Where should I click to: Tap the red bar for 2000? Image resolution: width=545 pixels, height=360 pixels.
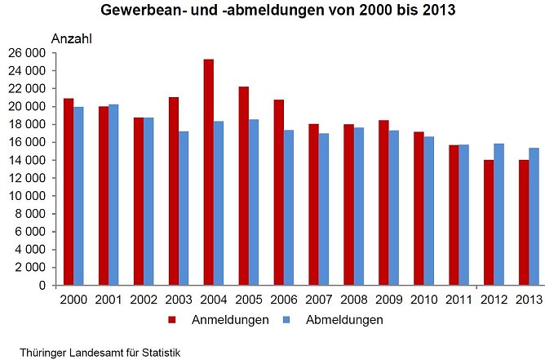[x=69, y=192]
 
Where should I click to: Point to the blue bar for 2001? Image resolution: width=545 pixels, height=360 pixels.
[x=113, y=195]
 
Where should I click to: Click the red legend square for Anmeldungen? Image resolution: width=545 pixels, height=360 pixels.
[x=172, y=320]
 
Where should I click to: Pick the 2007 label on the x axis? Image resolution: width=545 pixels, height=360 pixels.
[x=318, y=300]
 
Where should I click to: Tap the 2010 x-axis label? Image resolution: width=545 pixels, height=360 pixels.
[x=423, y=300]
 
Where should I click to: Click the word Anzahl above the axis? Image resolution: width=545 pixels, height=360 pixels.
[x=73, y=38]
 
